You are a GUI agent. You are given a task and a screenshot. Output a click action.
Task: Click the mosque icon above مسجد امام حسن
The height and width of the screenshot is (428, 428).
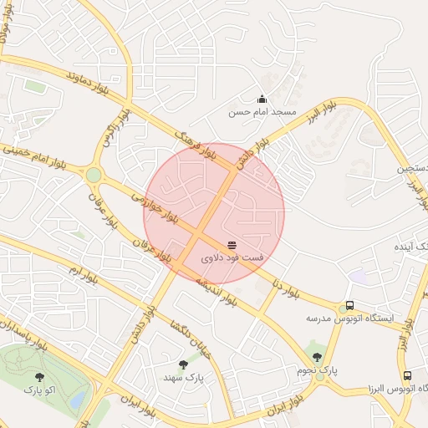pyautogui.click(x=262, y=99)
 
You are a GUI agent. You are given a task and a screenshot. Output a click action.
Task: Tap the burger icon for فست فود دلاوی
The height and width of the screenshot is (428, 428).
pyautogui.click(x=232, y=245)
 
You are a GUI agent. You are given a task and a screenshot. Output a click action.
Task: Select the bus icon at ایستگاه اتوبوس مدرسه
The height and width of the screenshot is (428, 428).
pyautogui.click(x=349, y=306)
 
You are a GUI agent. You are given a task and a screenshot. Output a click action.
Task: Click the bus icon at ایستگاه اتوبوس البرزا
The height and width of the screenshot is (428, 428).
pyautogui.click(x=407, y=376)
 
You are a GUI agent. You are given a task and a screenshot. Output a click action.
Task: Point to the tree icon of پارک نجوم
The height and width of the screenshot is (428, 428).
pyautogui.click(x=316, y=357)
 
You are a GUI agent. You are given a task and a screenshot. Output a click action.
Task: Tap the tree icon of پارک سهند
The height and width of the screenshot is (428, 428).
pyautogui.click(x=183, y=364)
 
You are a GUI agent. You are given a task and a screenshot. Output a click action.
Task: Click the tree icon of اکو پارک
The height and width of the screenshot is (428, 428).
pyautogui.click(x=40, y=376)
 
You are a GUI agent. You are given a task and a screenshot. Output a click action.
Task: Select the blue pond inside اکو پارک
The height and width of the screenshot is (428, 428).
pyautogui.click(x=77, y=400)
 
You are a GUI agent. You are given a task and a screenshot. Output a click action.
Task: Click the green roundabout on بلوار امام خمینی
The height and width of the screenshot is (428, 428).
pyautogui.click(x=94, y=175)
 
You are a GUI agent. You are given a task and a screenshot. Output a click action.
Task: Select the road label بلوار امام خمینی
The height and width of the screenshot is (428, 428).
pyautogui.click(x=35, y=155)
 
